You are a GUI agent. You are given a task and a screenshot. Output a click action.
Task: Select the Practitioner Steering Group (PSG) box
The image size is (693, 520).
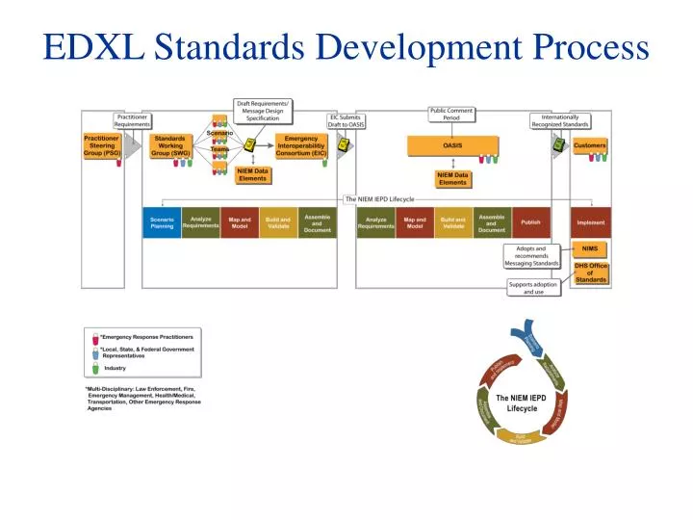point(101,145)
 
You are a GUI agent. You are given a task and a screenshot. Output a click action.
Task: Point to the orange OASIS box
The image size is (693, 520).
point(452,145)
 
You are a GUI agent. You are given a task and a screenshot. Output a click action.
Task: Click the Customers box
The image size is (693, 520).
point(590,146)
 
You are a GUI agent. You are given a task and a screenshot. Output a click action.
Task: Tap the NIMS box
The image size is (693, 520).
point(589,248)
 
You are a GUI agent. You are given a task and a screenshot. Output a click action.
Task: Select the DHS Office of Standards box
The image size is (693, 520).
point(590,273)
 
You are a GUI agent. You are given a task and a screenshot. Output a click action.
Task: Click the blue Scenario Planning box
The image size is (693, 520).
point(162,222)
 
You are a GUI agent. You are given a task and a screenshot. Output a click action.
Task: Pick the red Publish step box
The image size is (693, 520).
point(530,222)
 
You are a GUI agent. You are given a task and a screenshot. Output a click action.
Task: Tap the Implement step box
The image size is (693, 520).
point(590,222)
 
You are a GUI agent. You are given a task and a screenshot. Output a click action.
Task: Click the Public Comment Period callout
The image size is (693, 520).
point(451,115)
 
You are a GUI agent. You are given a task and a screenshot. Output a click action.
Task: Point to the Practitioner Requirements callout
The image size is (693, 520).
point(133,120)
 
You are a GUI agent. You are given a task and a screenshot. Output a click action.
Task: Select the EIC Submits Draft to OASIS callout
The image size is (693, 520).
point(346,120)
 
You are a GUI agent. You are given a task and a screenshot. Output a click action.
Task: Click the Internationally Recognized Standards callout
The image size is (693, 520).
point(561,120)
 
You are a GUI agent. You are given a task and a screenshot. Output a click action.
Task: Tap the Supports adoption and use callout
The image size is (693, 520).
point(533,288)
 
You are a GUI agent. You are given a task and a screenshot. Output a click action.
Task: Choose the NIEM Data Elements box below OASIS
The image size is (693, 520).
point(452,178)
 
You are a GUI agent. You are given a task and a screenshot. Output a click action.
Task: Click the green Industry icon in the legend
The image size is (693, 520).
point(95,368)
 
